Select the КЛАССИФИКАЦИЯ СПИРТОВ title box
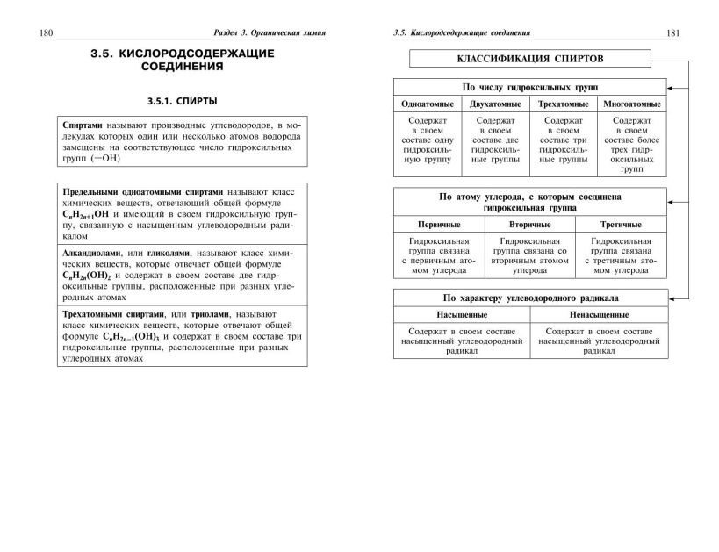click(x=529, y=60)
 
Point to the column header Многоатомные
click(x=631, y=104)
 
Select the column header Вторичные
click(x=529, y=225)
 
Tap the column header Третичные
click(x=621, y=225)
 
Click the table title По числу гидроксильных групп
click(x=528, y=88)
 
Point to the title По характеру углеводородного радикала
click(x=528, y=297)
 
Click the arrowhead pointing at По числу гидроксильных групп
click(x=670, y=88)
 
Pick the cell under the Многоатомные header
click(x=631, y=141)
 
